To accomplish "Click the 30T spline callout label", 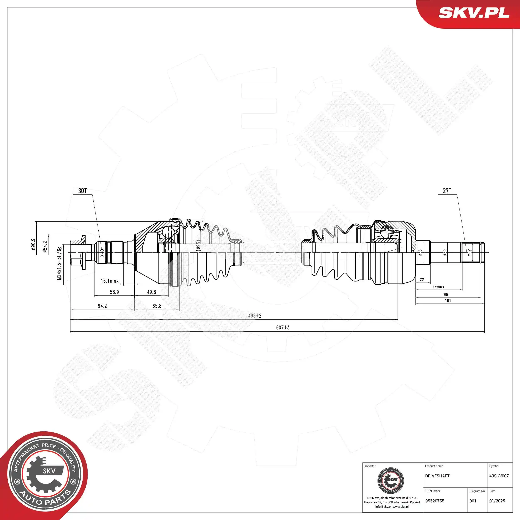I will (x=82, y=191).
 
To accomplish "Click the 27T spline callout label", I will (x=447, y=191).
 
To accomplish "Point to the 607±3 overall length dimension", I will (x=283, y=328).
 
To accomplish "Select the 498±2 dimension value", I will (x=255, y=316).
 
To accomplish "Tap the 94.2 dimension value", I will (x=102, y=306).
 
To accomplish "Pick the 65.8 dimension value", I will (x=157, y=306).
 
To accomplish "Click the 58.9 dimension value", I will (x=114, y=292).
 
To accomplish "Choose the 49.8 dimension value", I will (x=152, y=292).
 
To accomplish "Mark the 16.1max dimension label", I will (x=110, y=281).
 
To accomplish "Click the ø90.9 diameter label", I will (x=33, y=244).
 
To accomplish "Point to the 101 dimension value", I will (x=448, y=301).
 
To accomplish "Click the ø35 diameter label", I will (x=420, y=252).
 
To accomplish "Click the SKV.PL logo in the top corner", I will (x=474, y=13).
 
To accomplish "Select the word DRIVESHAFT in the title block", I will (x=437, y=476).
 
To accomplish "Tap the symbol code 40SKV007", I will (x=499, y=476).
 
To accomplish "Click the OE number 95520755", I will (x=435, y=501).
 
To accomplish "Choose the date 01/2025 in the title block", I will (x=497, y=501).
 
